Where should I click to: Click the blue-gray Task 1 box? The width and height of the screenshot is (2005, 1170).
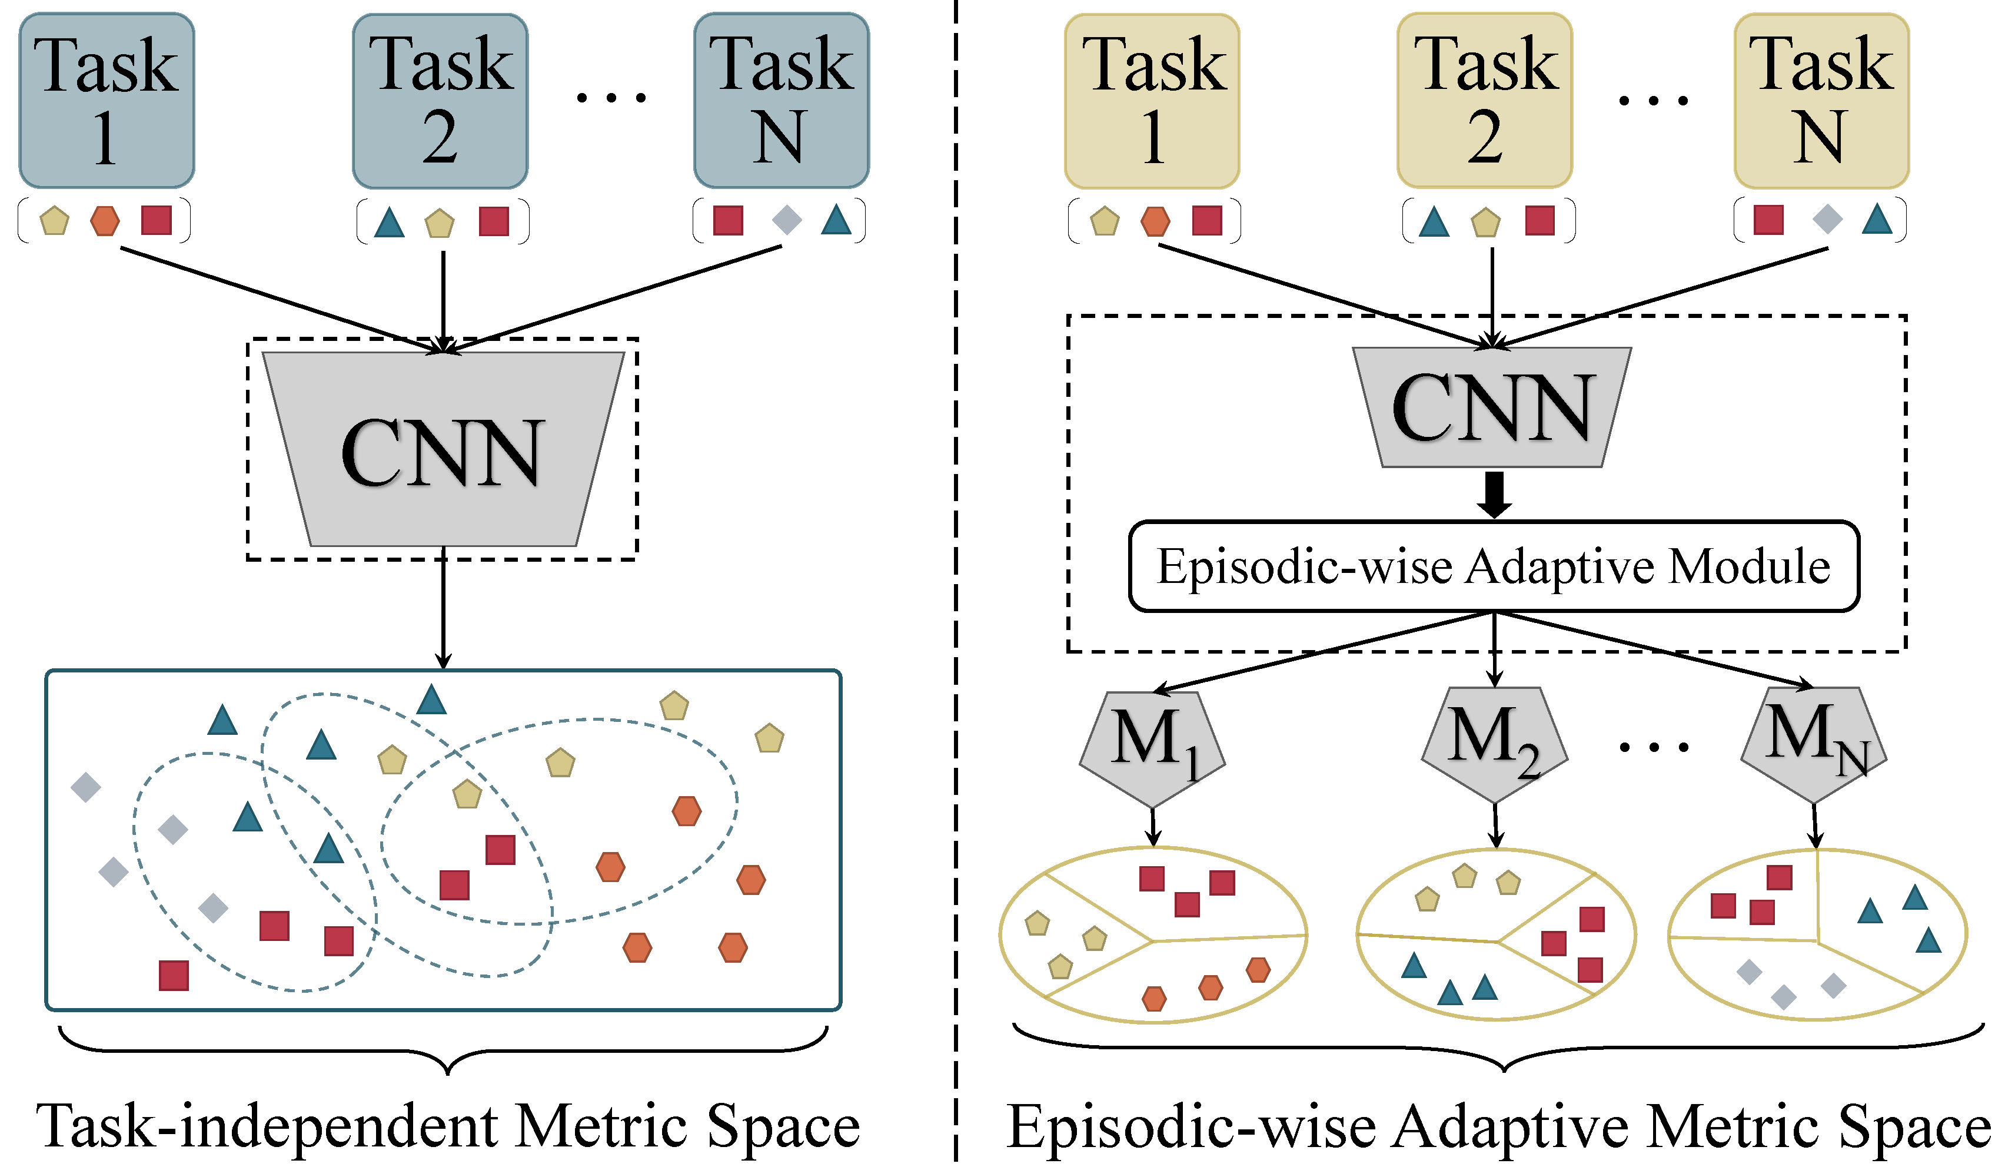107,100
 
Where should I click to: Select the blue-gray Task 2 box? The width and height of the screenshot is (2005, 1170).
440,100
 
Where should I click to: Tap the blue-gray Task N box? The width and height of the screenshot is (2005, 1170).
782,100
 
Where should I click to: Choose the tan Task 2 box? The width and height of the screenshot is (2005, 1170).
1485,100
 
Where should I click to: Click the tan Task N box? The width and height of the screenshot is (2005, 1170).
1821,100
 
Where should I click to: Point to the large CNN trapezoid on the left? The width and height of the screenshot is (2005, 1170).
443,450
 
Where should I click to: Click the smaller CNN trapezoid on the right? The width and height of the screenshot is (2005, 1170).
1492,407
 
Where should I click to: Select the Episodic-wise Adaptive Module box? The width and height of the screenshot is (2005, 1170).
1494,566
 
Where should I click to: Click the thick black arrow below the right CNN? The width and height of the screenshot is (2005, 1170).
1494,494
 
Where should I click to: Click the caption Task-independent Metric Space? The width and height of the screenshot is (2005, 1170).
448,1126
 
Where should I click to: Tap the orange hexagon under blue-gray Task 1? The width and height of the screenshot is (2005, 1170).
105,220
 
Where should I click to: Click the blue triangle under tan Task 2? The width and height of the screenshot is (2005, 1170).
1434,222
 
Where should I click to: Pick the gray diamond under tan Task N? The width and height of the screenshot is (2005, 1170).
1828,219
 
